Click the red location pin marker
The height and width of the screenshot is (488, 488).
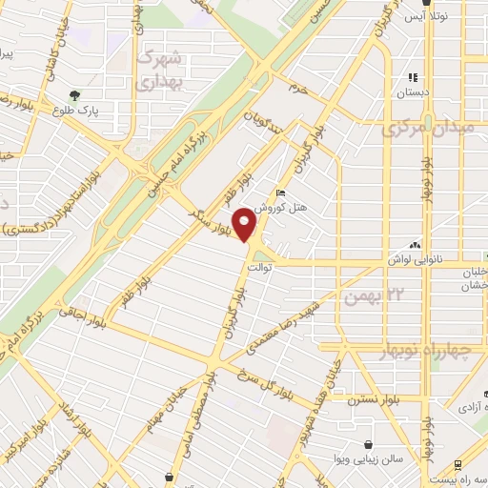click(x=246, y=225)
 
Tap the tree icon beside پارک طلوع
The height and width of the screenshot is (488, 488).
click(x=75, y=94)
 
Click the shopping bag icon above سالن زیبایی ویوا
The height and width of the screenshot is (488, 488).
click(x=369, y=445)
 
